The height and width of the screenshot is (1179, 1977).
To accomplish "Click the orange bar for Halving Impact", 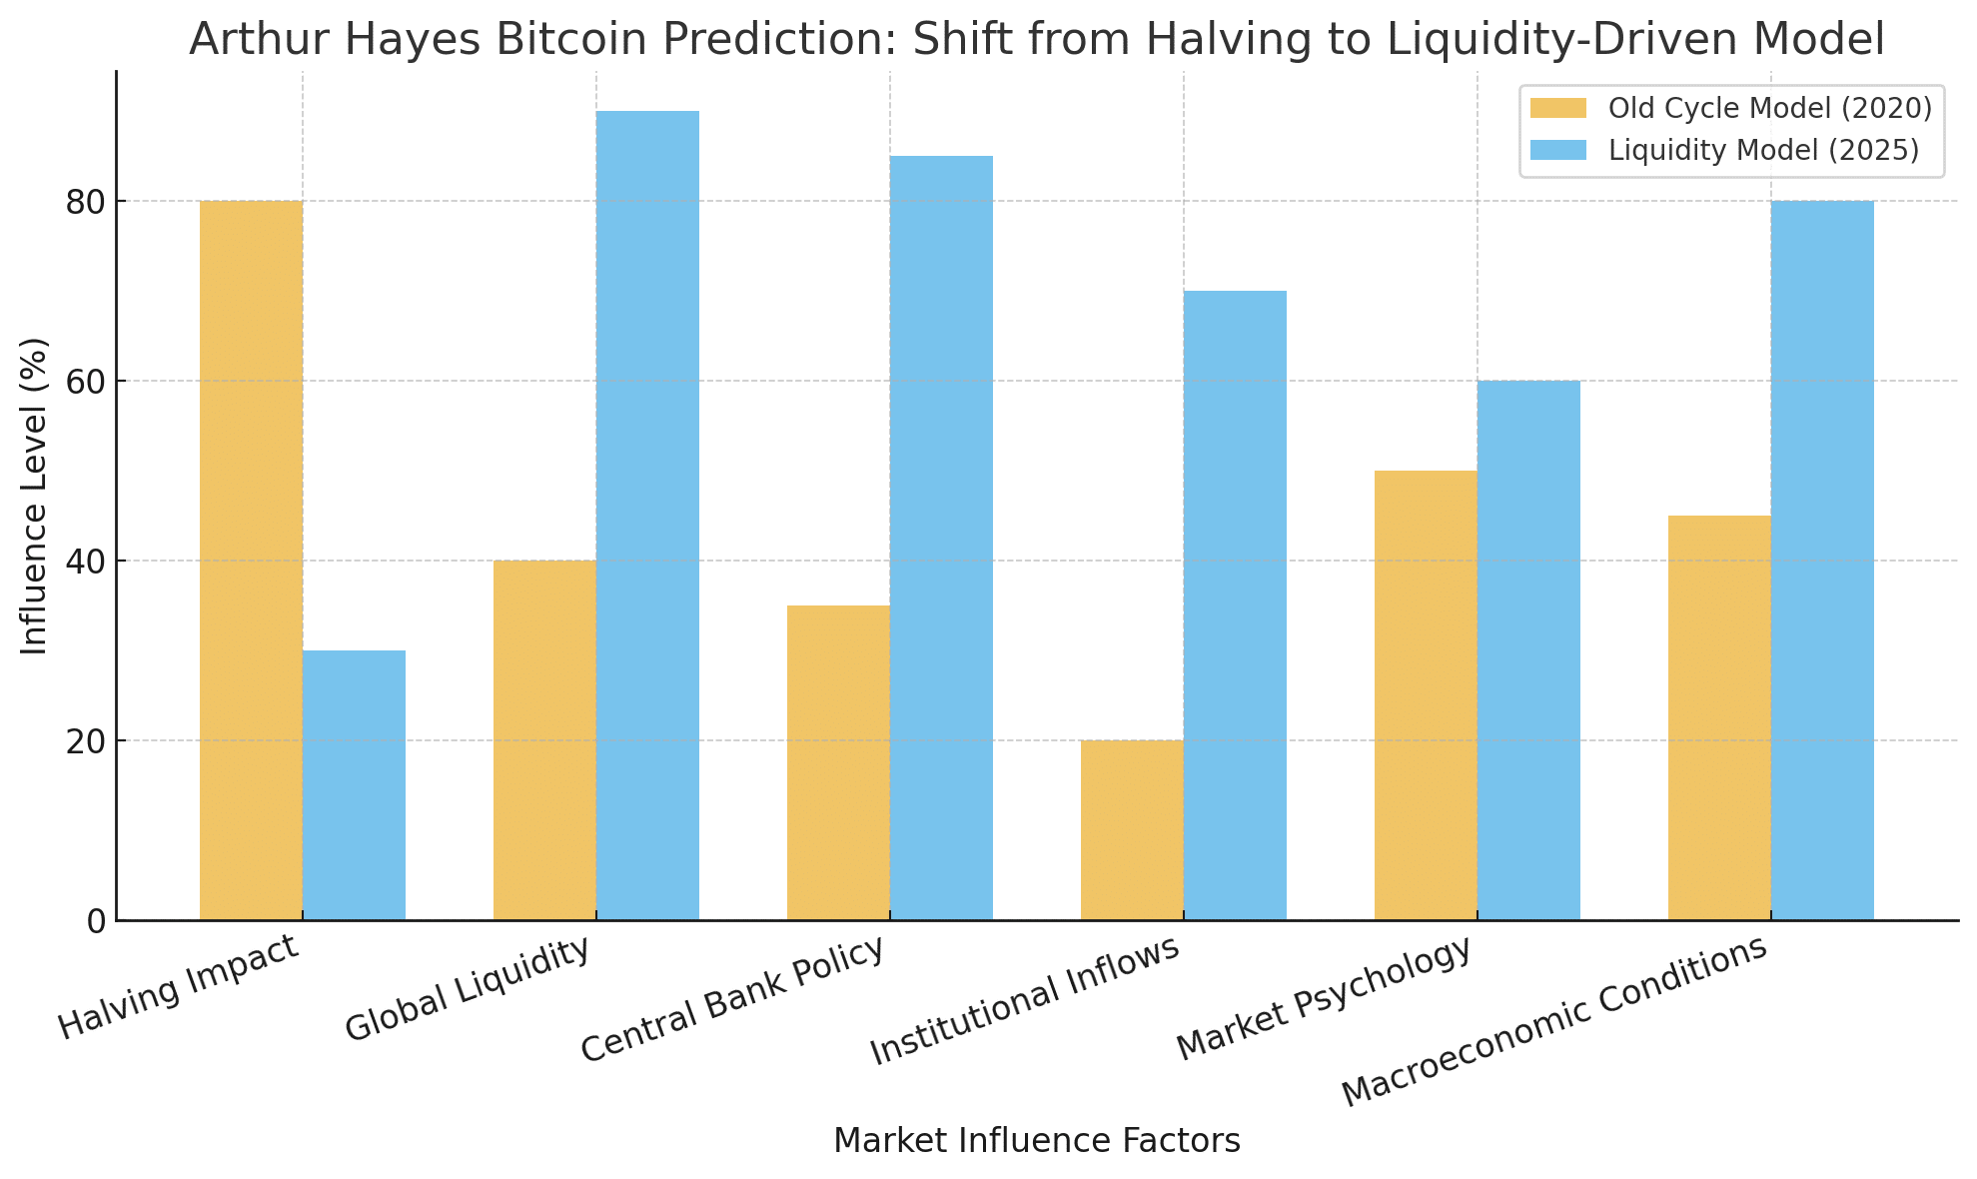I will (x=251, y=560).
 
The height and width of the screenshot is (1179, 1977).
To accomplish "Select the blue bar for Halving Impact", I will (x=354, y=785).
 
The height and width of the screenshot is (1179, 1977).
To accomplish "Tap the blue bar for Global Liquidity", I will (x=647, y=515).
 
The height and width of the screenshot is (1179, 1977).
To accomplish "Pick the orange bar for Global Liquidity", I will (x=544, y=739).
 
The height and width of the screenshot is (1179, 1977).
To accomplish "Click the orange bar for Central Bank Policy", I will (x=838, y=762).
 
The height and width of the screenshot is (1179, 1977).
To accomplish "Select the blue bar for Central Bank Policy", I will (x=941, y=538).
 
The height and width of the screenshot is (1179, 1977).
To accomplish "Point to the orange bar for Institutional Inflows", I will (x=1132, y=829).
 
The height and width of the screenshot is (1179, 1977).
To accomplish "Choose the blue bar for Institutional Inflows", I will (x=1235, y=604).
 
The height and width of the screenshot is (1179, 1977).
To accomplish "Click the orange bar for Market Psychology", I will (x=1426, y=694).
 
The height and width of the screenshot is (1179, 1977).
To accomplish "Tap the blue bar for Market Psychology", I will (x=1528, y=649).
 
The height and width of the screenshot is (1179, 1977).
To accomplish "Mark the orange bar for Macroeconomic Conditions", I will (x=1719, y=717).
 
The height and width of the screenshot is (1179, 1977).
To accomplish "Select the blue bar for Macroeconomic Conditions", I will (x=1822, y=560).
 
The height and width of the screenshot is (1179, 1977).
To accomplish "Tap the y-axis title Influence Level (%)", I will (x=35, y=496).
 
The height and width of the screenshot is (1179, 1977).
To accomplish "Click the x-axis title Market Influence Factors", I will (x=1036, y=1141).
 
